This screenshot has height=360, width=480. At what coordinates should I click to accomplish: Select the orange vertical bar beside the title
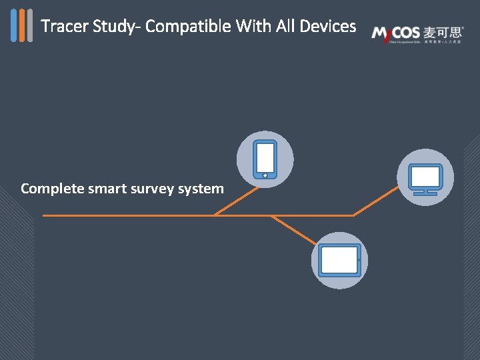click(x=22, y=25)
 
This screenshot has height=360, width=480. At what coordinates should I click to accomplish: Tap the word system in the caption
click(x=202, y=189)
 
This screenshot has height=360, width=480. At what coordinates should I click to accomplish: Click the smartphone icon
click(x=265, y=159)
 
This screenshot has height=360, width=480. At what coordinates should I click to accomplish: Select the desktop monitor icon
click(x=425, y=178)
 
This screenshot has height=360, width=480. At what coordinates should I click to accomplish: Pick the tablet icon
click(x=339, y=260)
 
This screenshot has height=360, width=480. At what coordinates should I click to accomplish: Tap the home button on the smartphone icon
click(x=265, y=175)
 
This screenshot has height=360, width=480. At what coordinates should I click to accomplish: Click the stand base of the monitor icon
click(x=425, y=194)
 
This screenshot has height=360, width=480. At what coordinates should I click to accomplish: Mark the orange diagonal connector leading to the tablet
click(x=293, y=229)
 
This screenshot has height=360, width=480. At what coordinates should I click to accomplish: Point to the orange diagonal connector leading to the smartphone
click(x=236, y=201)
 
